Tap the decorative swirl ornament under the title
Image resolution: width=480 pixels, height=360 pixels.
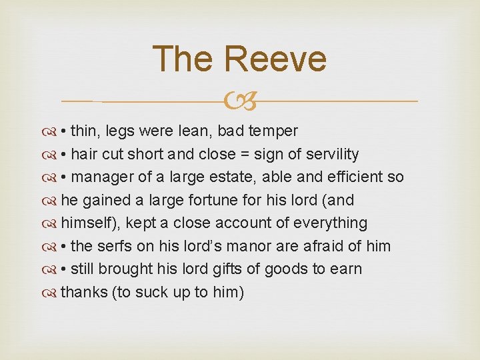click(x=240, y=102)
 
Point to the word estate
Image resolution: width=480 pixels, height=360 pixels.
click(x=236, y=177)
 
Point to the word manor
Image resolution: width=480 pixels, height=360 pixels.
click(x=245, y=246)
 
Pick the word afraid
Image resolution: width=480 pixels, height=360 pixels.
click(x=323, y=246)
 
